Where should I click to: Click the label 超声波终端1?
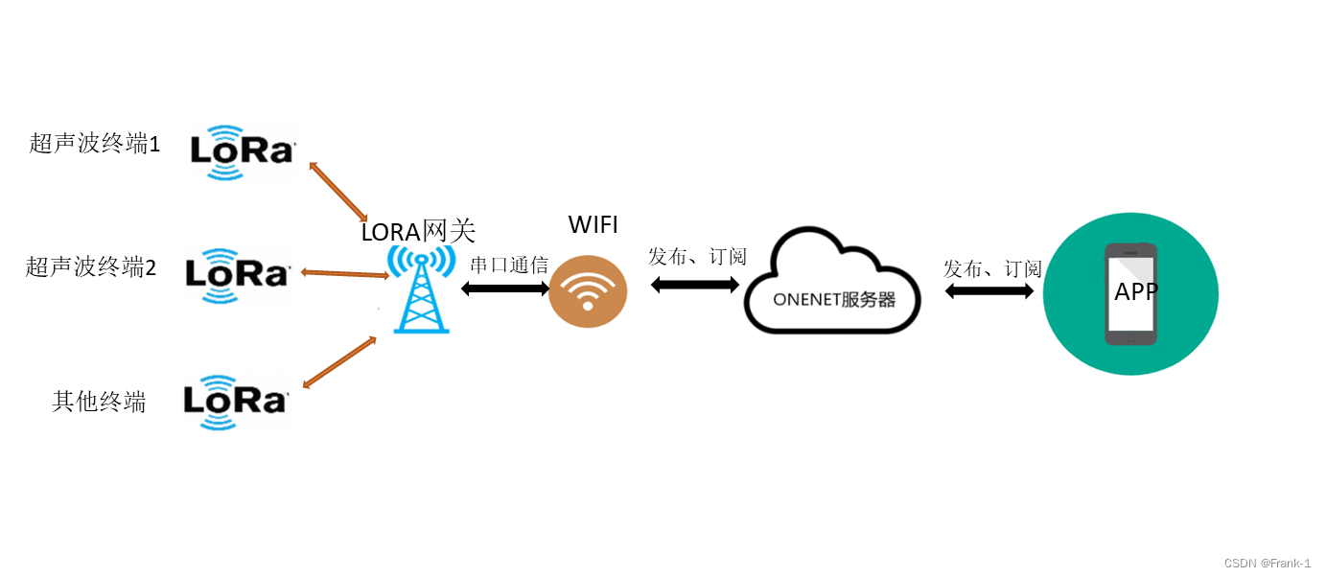95,144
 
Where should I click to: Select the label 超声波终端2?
91,266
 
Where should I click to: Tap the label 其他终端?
99,402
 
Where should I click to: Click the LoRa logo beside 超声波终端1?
242,150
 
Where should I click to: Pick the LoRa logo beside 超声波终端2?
238,274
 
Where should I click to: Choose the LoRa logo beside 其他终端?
236,401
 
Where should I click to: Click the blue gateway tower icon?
421,289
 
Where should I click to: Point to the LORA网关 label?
418,232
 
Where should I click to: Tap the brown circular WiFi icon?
588,291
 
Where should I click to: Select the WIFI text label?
593,225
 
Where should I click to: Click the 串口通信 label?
508,265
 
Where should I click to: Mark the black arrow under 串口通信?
505,288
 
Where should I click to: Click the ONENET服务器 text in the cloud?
834,299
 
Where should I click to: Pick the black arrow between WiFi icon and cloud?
695,285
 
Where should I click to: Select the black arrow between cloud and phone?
989,290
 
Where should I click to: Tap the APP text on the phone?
1137,291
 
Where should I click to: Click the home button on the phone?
1130,337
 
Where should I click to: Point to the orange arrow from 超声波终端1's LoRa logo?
338,192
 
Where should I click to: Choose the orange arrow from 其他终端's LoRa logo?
338,362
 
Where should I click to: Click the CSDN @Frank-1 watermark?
1268,564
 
